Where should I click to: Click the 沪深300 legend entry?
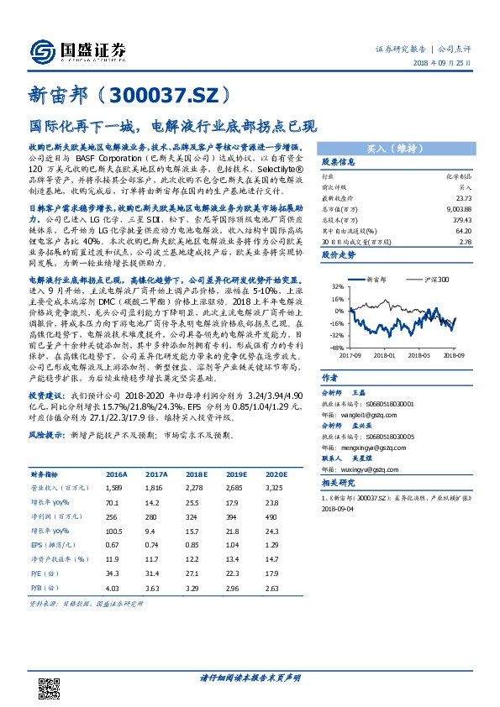[x=435, y=277]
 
